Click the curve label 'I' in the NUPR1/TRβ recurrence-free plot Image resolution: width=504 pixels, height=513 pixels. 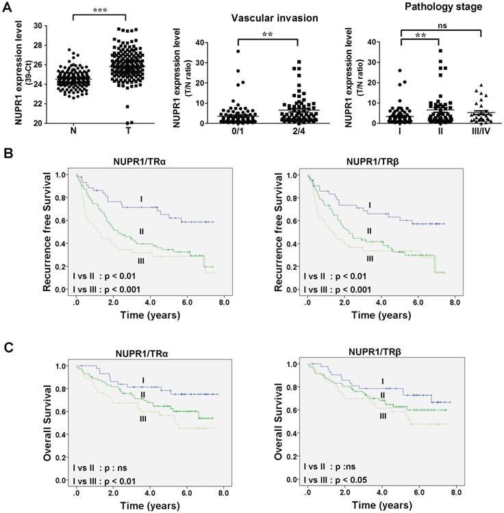(x=369, y=205)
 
